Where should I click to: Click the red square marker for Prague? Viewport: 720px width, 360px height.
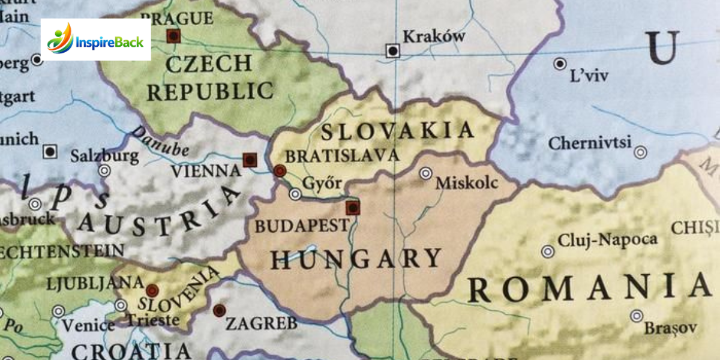(x=173, y=36)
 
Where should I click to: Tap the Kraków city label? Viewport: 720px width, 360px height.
(x=434, y=37)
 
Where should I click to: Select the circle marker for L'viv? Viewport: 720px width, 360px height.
(x=560, y=64)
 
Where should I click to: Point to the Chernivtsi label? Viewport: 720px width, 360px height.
(x=590, y=143)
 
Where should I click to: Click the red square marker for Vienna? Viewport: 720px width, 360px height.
(x=250, y=160)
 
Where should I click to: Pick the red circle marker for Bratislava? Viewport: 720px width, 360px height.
(x=279, y=171)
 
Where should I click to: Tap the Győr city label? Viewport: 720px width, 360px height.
(x=323, y=183)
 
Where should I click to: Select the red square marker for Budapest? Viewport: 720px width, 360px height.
(x=353, y=208)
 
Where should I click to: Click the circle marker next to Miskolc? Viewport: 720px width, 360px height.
(x=425, y=173)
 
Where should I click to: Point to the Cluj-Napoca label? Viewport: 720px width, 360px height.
(x=607, y=240)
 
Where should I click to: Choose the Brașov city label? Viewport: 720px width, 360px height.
(x=670, y=328)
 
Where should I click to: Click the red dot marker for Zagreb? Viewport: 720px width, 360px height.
(x=219, y=310)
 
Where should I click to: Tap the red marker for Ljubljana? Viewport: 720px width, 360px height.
(x=152, y=290)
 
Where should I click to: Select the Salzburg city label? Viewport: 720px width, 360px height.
(x=104, y=156)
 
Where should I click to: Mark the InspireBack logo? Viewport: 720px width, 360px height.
(x=95, y=40)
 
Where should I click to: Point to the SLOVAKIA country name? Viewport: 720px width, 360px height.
(x=397, y=130)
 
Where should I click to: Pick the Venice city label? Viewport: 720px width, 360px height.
(x=88, y=325)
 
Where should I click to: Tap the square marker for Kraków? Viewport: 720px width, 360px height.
(x=393, y=51)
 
